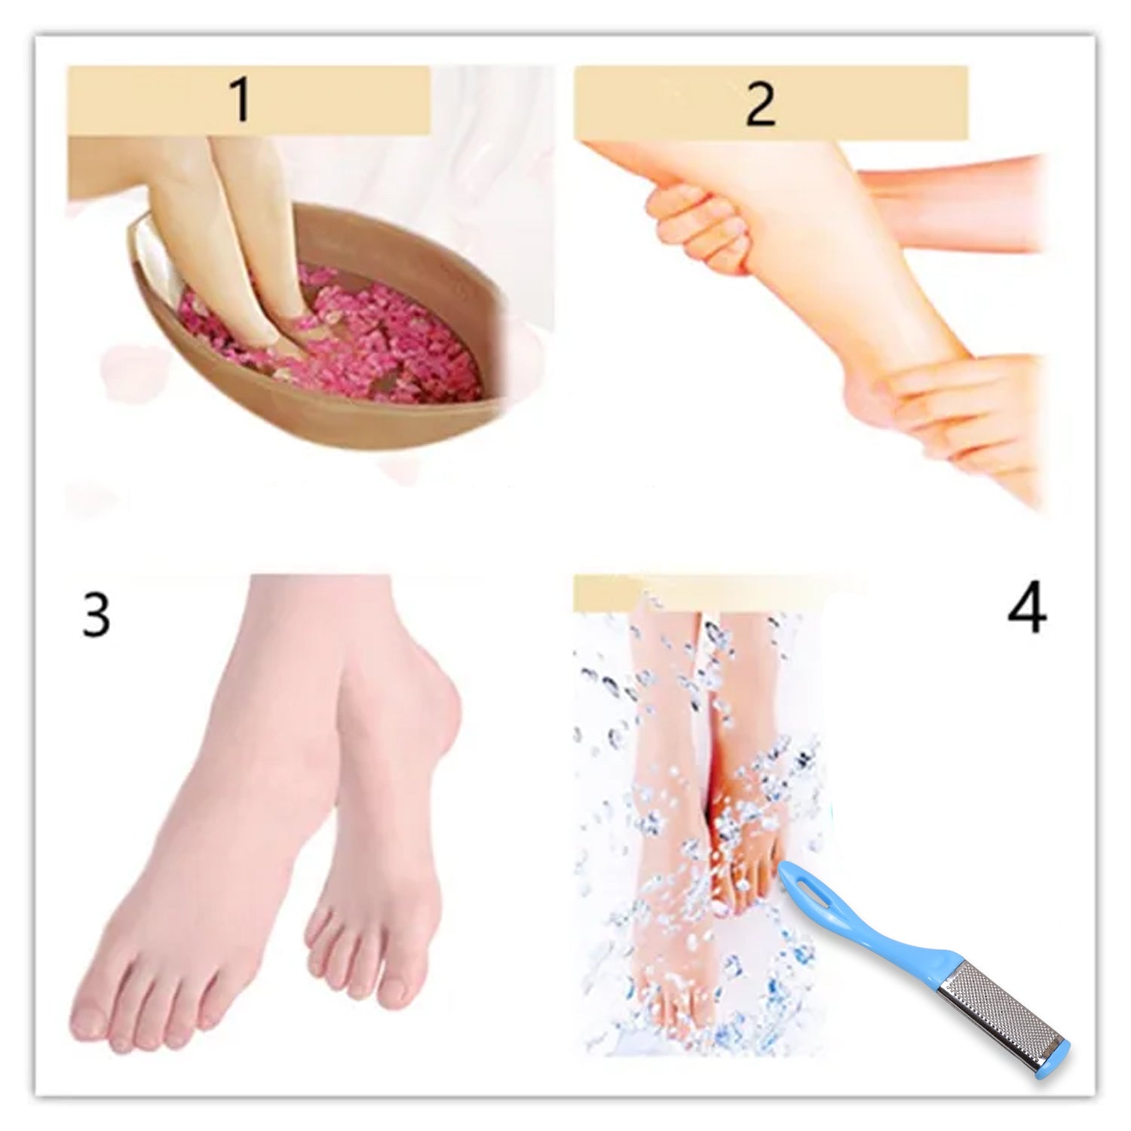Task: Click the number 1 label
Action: (241, 103)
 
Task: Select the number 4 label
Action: (1026, 609)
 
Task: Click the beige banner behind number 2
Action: (867, 103)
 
